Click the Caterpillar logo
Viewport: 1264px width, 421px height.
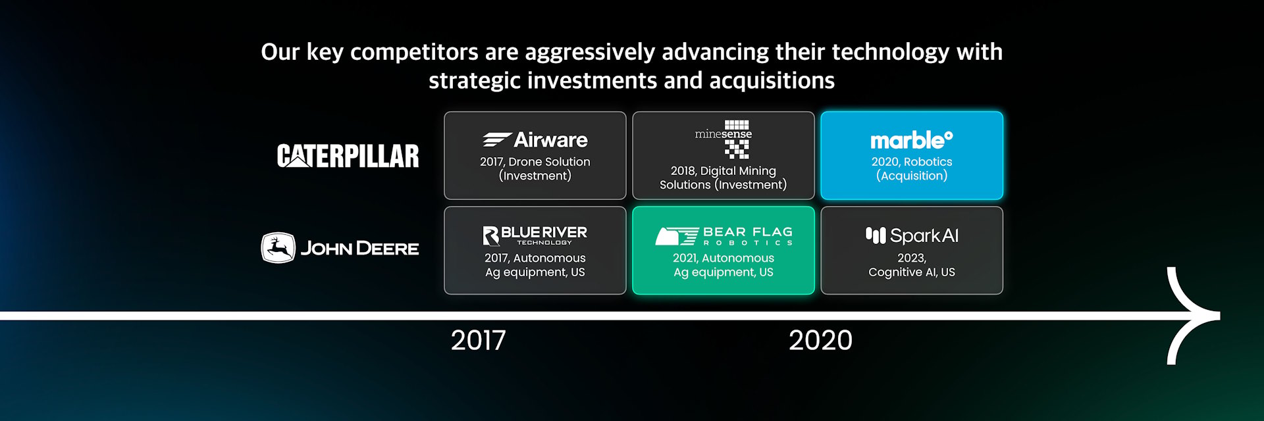tap(348, 156)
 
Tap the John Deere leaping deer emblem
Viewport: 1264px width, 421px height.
tap(278, 248)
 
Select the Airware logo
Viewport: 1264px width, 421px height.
tap(535, 139)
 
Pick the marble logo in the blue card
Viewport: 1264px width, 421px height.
tap(912, 139)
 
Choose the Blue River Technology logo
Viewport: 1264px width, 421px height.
tap(535, 235)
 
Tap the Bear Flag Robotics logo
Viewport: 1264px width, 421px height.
tap(724, 235)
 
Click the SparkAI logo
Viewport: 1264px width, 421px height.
tap(912, 235)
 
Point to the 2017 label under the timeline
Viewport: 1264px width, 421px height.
tap(479, 340)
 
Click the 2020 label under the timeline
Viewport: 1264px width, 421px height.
tap(820, 340)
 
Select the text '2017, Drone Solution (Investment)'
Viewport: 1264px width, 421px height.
tap(535, 168)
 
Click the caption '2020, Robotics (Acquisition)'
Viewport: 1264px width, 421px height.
tap(912, 168)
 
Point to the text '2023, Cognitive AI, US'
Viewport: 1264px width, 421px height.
tap(912, 265)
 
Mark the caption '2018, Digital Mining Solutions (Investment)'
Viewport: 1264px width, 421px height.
tap(724, 178)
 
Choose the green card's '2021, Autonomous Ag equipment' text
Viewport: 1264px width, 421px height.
tap(724, 265)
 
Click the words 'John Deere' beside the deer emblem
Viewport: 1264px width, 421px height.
tap(359, 249)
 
